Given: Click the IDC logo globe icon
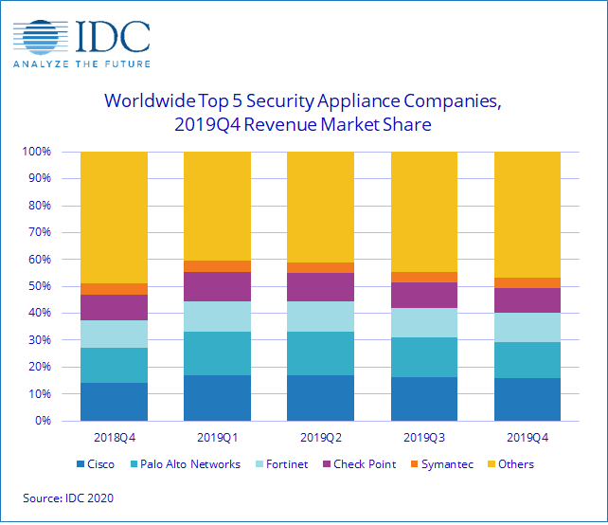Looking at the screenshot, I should (x=40, y=35).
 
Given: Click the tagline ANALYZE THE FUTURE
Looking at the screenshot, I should (x=80, y=64).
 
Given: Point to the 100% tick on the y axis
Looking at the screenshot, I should (x=51, y=152).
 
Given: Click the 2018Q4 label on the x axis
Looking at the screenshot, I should (x=114, y=438).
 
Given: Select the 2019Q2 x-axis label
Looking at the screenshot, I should (x=320, y=438).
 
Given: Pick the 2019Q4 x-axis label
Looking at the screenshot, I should (x=527, y=438).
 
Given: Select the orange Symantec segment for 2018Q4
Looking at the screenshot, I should (x=114, y=289).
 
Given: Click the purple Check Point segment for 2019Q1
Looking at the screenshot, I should (x=217, y=286).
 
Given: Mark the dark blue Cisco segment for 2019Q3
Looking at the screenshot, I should (x=423, y=399).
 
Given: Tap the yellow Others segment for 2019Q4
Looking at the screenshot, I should (x=527, y=214).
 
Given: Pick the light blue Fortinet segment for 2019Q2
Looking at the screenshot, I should (x=320, y=317).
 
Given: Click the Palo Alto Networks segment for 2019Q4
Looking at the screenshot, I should (x=527, y=360).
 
